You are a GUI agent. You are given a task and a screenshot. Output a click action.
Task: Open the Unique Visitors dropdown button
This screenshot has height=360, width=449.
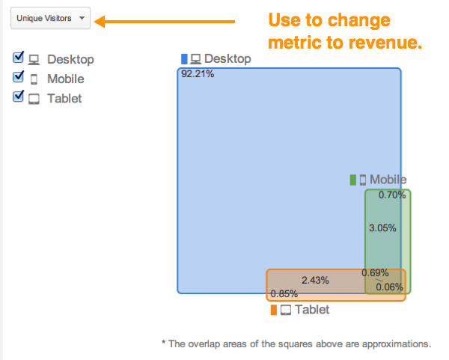pos(50,18)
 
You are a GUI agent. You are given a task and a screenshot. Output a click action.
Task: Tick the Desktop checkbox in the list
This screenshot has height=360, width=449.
pos(18,58)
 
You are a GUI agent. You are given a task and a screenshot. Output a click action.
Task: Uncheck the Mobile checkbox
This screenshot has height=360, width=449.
pos(18,77)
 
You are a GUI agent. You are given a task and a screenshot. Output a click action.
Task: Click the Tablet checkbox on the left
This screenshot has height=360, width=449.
pos(18,97)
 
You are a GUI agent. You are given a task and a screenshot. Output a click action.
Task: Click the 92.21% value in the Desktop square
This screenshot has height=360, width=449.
pos(198,74)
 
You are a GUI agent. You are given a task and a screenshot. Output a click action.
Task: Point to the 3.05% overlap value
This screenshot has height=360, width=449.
pos(382,228)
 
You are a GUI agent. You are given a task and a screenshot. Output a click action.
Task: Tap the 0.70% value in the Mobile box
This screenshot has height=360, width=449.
pos(392,195)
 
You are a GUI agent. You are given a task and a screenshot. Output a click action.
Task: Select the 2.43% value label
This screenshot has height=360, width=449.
pos(315,280)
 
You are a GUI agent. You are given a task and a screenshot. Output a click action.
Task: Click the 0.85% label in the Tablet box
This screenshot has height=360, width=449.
pos(284,293)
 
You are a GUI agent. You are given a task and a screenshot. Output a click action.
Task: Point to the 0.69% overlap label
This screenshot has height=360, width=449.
pos(375,272)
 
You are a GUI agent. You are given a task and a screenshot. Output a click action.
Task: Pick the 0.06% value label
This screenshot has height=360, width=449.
pos(389,287)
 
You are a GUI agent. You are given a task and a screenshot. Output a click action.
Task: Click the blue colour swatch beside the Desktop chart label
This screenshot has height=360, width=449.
pos(184,59)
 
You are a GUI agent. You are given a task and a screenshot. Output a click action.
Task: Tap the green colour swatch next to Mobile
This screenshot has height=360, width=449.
pos(353,180)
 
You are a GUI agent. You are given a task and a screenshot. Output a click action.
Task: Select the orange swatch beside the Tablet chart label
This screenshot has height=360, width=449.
pos(274,310)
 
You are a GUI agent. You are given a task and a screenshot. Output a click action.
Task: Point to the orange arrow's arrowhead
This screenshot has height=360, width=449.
pos(100,22)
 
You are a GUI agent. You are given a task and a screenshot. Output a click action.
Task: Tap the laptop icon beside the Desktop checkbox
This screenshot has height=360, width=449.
pos(34,60)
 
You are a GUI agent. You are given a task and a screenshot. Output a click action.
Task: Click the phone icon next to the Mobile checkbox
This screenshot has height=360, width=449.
pos(34,79)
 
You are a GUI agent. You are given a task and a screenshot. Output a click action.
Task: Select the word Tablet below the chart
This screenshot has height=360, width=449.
pos(312,310)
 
